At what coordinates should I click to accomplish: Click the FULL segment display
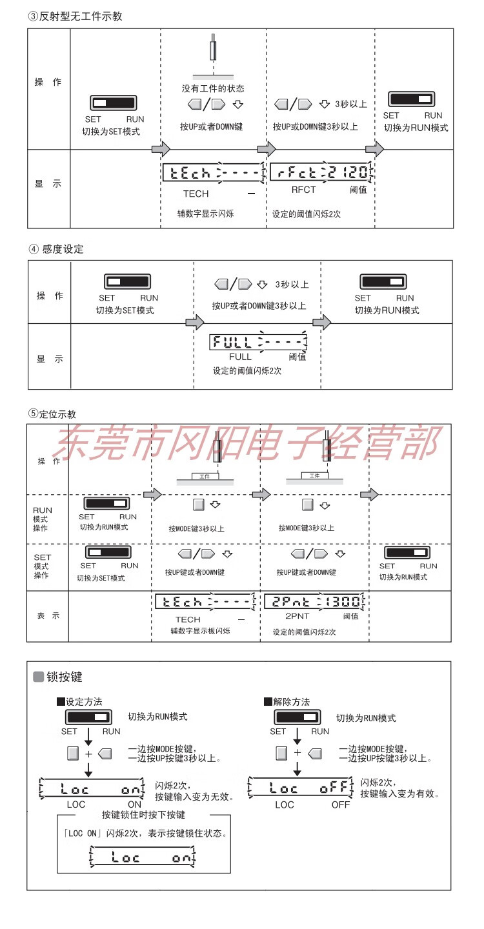point(258,342)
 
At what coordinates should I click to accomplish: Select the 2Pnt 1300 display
point(315,602)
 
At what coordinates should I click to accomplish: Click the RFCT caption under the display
point(303,190)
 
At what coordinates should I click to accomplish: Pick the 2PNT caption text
point(297,617)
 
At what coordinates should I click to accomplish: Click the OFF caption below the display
point(341,804)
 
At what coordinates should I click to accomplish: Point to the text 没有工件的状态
point(213,88)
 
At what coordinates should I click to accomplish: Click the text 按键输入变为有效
point(399,794)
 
